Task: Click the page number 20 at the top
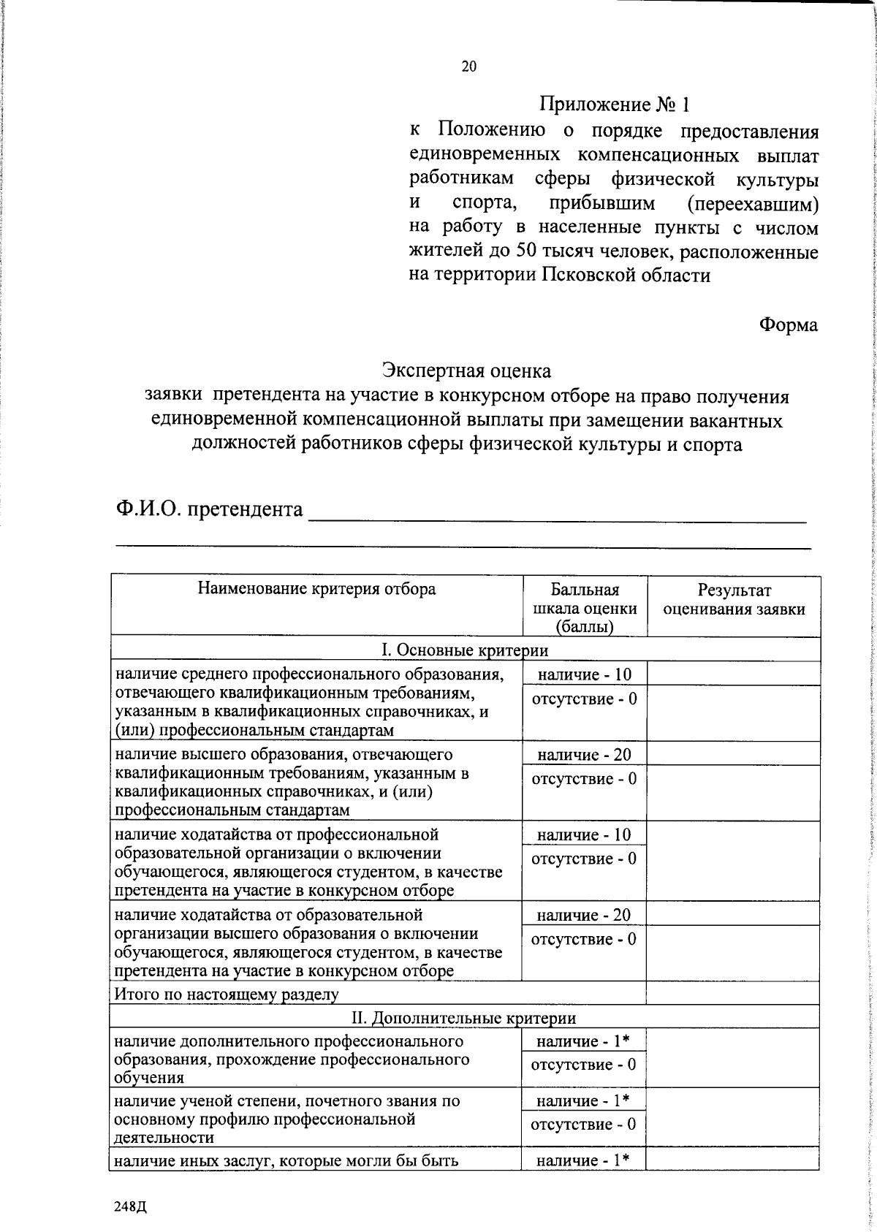(468, 66)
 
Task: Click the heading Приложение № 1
(614, 104)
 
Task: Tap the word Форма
(788, 324)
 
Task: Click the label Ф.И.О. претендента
(209, 509)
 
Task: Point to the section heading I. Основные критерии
(465, 650)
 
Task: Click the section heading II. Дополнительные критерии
(464, 1017)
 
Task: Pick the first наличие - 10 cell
(584, 674)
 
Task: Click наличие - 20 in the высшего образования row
(584, 755)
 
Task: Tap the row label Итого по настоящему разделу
(226, 994)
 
